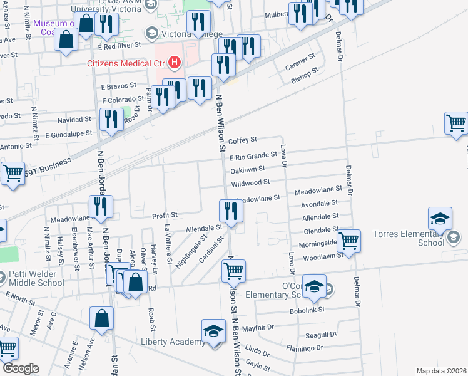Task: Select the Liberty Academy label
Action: pos(173,342)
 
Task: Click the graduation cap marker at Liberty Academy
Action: pos(213,330)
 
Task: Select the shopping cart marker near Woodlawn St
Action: pos(348,239)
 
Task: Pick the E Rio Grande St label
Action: pos(253,155)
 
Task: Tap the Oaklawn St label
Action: pos(248,169)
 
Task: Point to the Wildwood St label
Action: pos(250,182)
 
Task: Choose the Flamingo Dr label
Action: pos(305,348)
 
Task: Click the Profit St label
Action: pos(165,216)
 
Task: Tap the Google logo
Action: pos(21,368)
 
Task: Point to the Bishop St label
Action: pos(305,80)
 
